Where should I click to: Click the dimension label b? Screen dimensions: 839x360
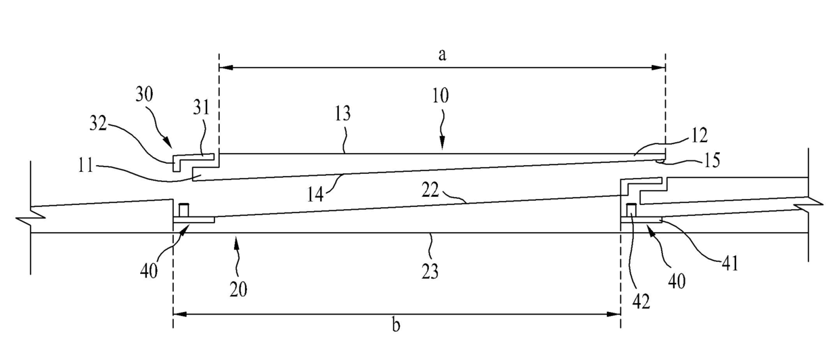tap(396, 325)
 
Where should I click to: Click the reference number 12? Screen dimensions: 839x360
tap(700, 135)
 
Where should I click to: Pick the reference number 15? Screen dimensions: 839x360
tap(710, 161)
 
